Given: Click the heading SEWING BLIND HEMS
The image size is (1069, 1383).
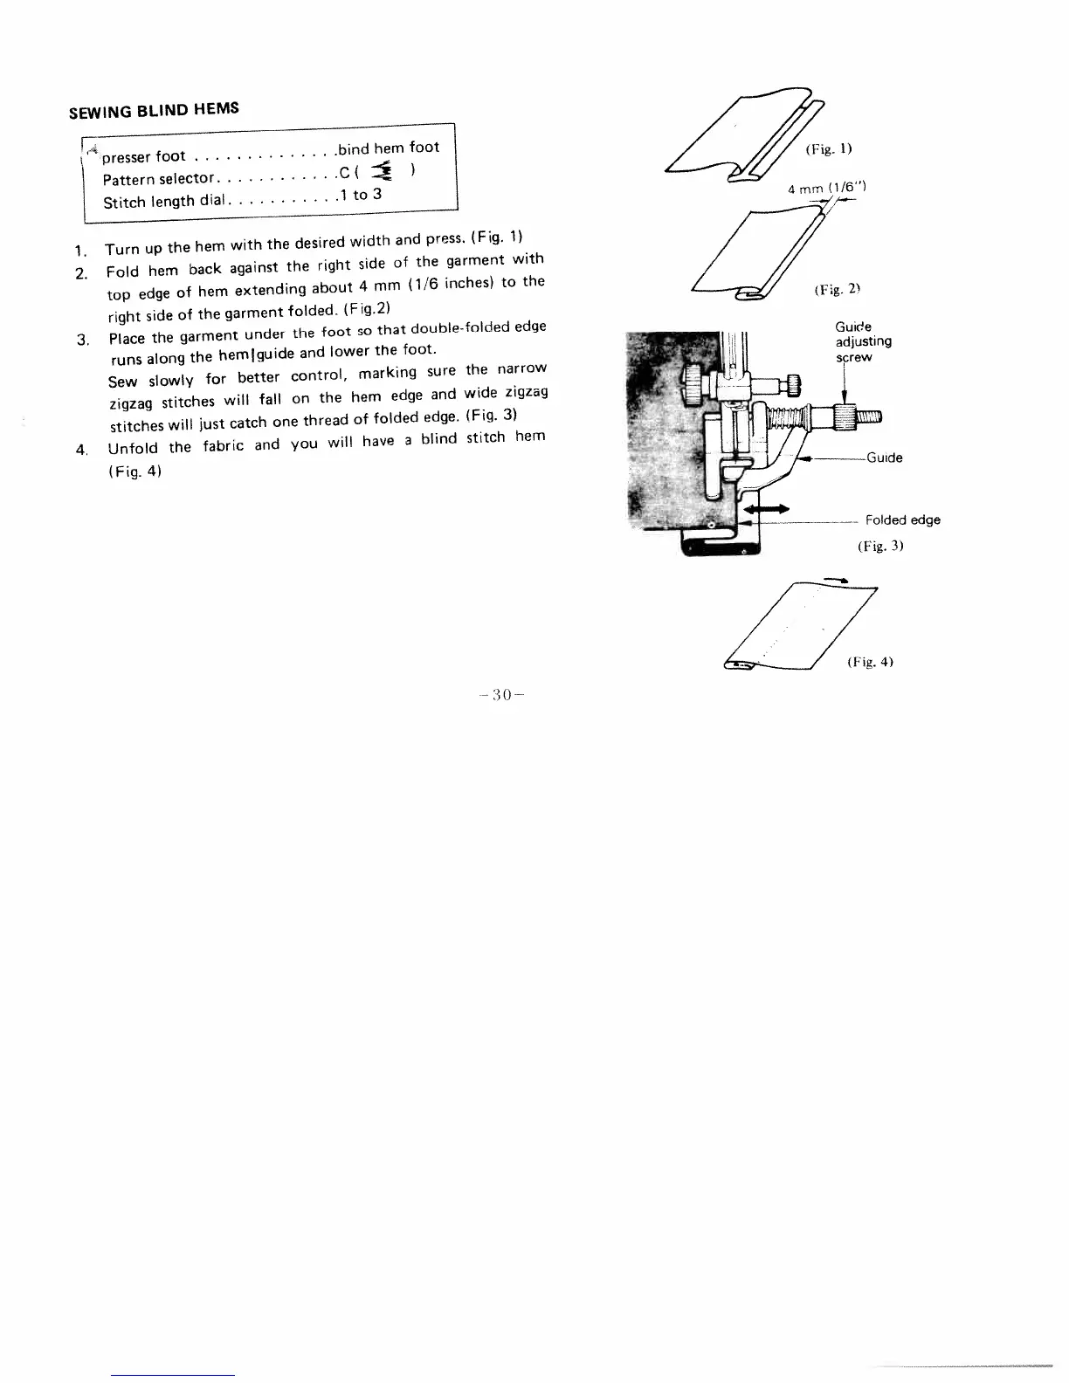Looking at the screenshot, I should (154, 111).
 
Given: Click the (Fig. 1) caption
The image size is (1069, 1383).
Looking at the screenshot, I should (829, 149).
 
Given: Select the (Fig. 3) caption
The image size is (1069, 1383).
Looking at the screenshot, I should (879, 546).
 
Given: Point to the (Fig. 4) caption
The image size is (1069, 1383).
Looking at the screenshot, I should (869, 662).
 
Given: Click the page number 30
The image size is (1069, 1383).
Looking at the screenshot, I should (500, 695).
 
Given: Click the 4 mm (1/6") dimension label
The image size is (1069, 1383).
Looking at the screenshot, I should (826, 188).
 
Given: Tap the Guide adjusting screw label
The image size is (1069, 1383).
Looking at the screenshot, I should (863, 341).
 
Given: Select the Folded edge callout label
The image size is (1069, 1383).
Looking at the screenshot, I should (902, 520).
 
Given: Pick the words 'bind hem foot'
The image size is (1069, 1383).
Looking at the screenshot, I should (389, 148).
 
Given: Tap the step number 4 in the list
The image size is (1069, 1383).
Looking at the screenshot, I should (81, 451).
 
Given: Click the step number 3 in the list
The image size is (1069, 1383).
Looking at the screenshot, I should (82, 340).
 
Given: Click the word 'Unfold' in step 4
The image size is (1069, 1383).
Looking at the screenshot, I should (133, 449).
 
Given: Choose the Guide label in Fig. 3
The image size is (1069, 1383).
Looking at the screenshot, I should (884, 458).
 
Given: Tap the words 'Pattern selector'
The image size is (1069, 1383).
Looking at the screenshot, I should (158, 180).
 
